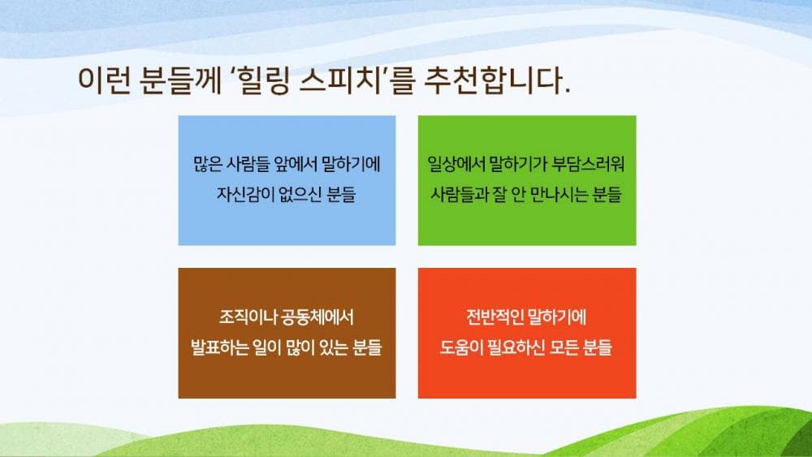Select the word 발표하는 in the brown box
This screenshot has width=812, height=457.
point(220,348)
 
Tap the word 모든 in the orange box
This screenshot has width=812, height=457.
point(566,348)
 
